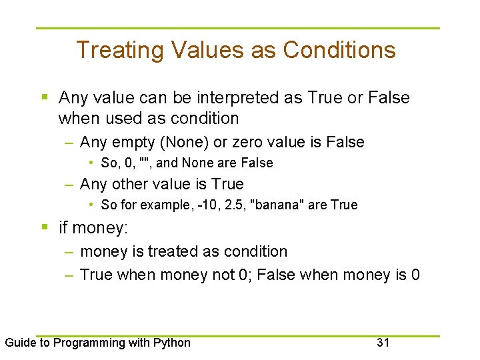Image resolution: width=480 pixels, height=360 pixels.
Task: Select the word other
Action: point(131,183)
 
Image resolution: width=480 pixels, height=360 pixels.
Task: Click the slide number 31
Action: point(383,343)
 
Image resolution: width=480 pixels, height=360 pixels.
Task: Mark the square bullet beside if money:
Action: point(44,228)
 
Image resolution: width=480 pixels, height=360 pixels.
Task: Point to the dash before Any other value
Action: point(69,184)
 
